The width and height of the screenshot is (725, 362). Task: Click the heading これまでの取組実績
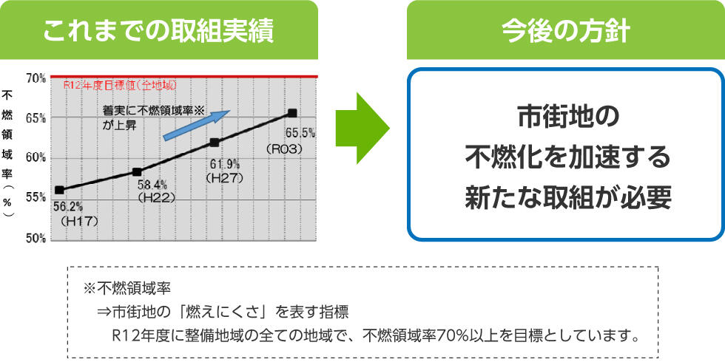pos(158,31)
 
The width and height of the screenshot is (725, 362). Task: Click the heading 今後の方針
pos(565,31)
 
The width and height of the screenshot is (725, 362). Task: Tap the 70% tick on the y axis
pos(36,79)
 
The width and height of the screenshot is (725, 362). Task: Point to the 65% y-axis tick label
pos(36,118)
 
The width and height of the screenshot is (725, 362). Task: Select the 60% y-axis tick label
pos(36,158)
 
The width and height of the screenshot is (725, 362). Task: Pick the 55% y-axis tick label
pos(36,198)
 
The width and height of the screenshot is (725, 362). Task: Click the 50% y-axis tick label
pos(36,238)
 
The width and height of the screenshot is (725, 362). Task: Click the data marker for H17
pos(59,190)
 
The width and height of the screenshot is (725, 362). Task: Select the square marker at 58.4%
pos(137,171)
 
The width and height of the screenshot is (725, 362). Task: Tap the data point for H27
pos(214,143)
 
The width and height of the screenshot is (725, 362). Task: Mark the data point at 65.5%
pos(292,113)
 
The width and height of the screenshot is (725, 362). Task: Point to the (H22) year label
pos(156,198)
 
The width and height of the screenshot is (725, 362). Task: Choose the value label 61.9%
pos(225,163)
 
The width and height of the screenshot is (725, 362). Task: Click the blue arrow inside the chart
pos(197,125)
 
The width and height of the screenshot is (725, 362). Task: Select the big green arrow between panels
pos(362,129)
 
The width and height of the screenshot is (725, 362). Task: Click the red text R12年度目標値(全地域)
pos(120,85)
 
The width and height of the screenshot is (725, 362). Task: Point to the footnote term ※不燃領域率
pos(127,290)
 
